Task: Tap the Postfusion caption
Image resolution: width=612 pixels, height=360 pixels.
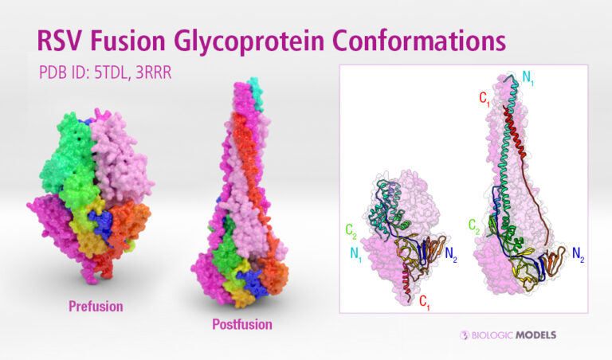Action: tap(241, 325)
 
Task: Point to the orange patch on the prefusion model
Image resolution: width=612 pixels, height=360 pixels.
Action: tap(136, 219)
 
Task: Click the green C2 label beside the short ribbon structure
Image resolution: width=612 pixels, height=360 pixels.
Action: tap(351, 231)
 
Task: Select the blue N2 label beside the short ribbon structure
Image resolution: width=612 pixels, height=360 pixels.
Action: tap(450, 255)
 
